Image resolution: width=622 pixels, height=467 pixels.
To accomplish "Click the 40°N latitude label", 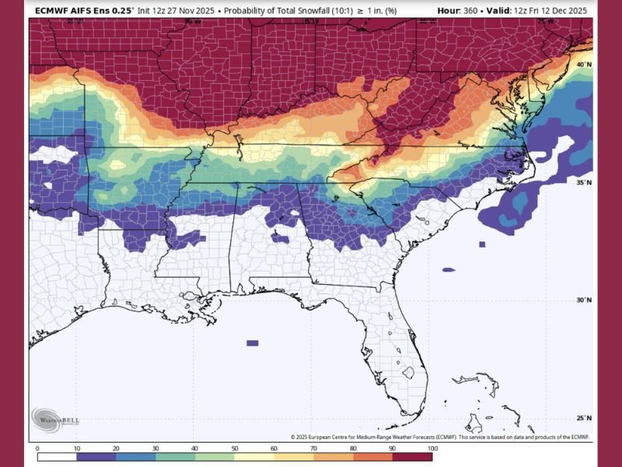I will (x=585, y=64).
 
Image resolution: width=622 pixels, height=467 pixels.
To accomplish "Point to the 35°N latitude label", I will (x=585, y=182).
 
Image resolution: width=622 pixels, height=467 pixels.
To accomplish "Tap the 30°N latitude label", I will (x=585, y=300).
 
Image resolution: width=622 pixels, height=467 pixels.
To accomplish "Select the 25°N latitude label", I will (x=585, y=418).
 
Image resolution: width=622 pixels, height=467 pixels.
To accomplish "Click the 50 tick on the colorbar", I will (x=235, y=448).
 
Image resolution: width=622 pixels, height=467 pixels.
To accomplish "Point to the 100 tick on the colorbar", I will (x=432, y=448).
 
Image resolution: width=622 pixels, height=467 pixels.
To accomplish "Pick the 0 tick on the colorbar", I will (x=37, y=448).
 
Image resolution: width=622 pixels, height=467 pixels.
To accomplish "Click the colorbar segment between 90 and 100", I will (x=413, y=440).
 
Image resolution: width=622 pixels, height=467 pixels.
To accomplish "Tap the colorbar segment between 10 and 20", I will (x=96, y=440).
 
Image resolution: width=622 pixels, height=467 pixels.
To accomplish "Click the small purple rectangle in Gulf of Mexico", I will (x=252, y=342).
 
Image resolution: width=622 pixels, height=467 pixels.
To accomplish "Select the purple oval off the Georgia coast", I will (x=449, y=270).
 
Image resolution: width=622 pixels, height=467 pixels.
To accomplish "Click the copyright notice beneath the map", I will (x=439, y=437).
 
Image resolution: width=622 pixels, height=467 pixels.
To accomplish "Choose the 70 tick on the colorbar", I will (x=314, y=448).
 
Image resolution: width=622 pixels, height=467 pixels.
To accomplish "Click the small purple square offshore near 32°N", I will (x=482, y=244).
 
